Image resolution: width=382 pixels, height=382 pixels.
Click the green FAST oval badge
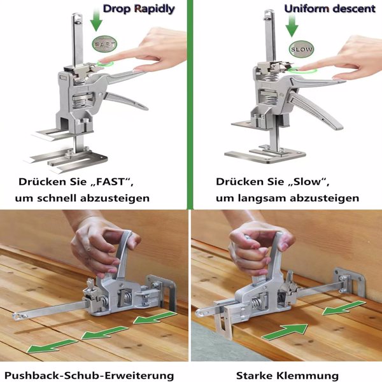(x=104, y=45)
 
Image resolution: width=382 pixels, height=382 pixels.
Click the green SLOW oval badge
(x=301, y=49)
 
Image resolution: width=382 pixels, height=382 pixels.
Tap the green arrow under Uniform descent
(x=292, y=24)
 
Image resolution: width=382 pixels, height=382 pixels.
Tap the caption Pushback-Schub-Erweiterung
(x=89, y=376)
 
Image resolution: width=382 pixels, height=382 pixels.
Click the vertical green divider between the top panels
(x=190, y=104)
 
